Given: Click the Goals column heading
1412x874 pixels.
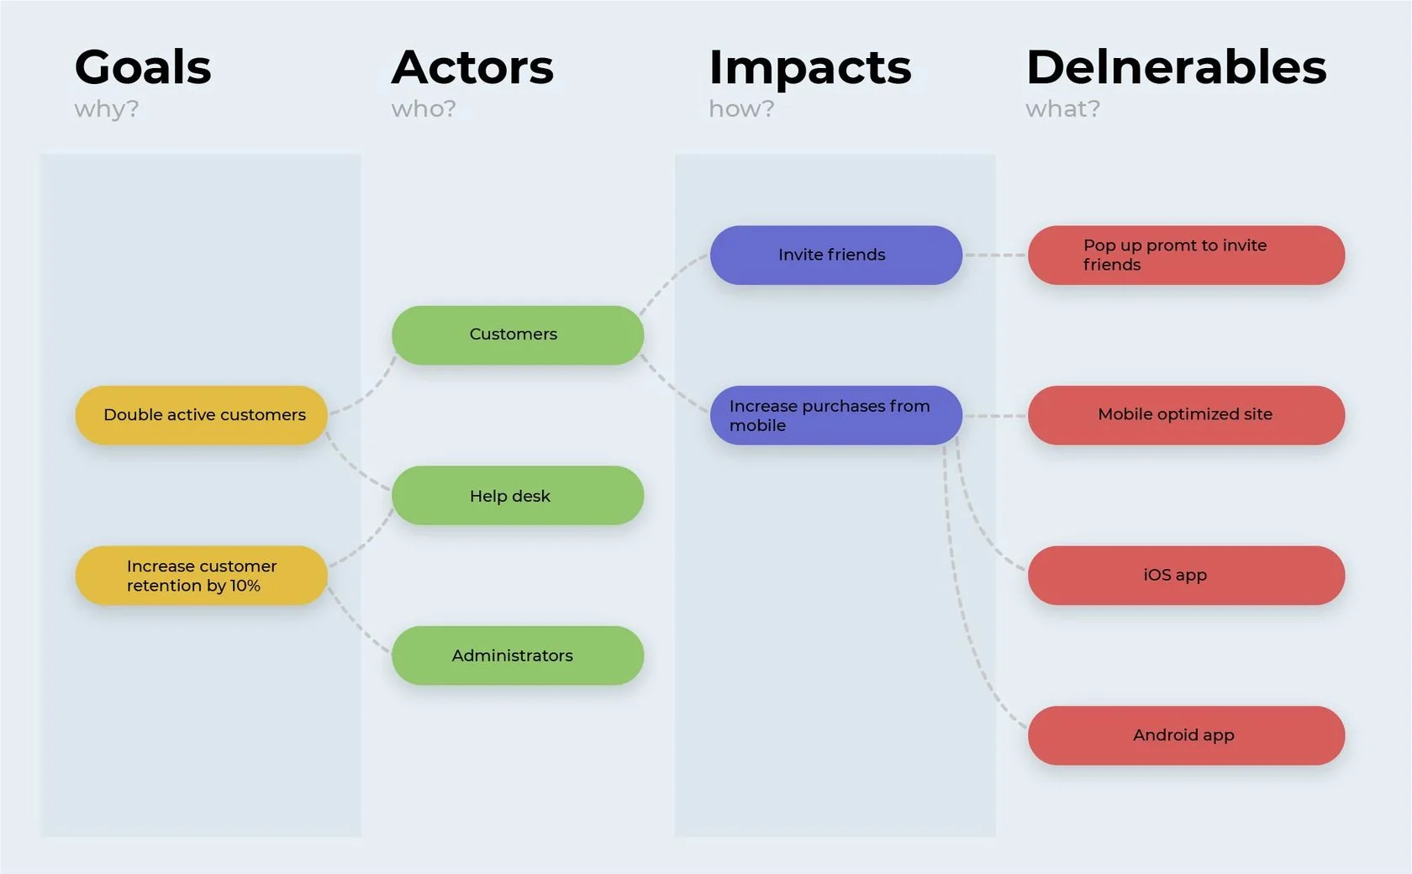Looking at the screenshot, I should tap(143, 67).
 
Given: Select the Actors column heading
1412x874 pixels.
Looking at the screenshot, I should tap(472, 67).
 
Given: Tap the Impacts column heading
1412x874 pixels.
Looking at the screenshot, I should tap(809, 68).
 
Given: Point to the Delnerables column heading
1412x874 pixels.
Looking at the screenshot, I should tap(1176, 67).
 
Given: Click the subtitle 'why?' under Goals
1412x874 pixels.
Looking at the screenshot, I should tap(106, 109).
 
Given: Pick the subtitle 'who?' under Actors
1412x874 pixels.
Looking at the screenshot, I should tap(424, 109).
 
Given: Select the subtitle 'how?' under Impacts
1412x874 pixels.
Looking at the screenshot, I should tap(740, 109).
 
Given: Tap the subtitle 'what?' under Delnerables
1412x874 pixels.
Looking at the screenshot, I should tap(1062, 109).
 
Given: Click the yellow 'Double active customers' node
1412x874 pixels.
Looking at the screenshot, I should tap(202, 415).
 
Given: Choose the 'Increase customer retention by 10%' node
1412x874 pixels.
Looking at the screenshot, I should tap(202, 576).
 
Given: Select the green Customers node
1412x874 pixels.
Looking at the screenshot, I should tap(518, 334).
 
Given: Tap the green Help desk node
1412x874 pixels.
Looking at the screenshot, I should tap(518, 496).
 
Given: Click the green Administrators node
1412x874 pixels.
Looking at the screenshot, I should tap(518, 655).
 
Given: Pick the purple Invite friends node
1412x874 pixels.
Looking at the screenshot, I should tap(835, 255).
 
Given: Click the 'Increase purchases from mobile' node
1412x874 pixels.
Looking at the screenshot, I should tap(835, 415).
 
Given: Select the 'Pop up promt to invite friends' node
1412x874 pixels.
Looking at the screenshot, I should tap(1186, 255).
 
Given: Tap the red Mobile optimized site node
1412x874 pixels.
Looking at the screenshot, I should tap(1186, 415).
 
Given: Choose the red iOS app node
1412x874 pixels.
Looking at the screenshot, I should tap(1186, 576).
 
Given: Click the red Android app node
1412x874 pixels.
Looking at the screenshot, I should tap(1186, 735).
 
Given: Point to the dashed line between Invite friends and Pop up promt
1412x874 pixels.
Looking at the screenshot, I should tap(995, 255).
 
